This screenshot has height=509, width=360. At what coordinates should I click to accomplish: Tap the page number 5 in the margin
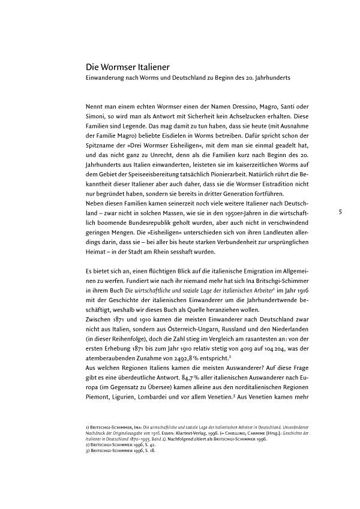340,212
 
